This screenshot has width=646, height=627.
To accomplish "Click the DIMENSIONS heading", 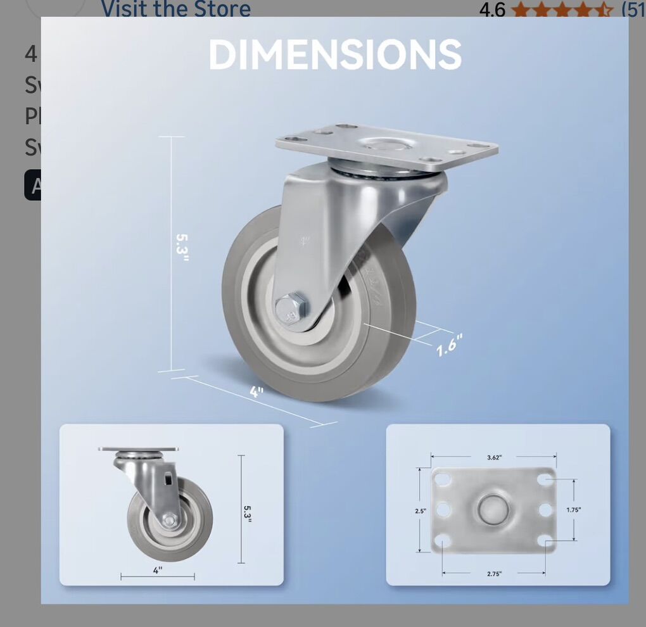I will [335, 54].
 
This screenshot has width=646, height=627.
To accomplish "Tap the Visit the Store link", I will [175, 9].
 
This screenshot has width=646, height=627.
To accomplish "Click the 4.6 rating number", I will [492, 9].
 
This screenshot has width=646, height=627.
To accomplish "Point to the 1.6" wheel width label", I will [450, 346].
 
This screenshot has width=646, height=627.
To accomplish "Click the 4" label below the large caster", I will [256, 392].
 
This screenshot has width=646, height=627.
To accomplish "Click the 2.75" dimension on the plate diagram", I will [494, 573].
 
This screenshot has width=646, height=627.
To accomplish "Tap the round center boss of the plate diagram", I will [493, 510].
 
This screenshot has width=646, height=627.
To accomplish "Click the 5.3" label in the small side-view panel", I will [248, 510].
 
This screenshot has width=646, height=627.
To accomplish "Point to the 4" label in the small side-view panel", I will [158, 569].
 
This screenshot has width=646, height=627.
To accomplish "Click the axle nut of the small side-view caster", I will [170, 520].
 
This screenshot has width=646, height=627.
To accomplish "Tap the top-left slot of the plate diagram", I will [443, 479].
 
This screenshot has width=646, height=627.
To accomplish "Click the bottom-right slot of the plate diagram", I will [544, 540].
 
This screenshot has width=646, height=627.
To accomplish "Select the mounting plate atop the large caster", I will [386, 145].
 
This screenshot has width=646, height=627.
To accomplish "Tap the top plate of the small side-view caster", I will [138, 449].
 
